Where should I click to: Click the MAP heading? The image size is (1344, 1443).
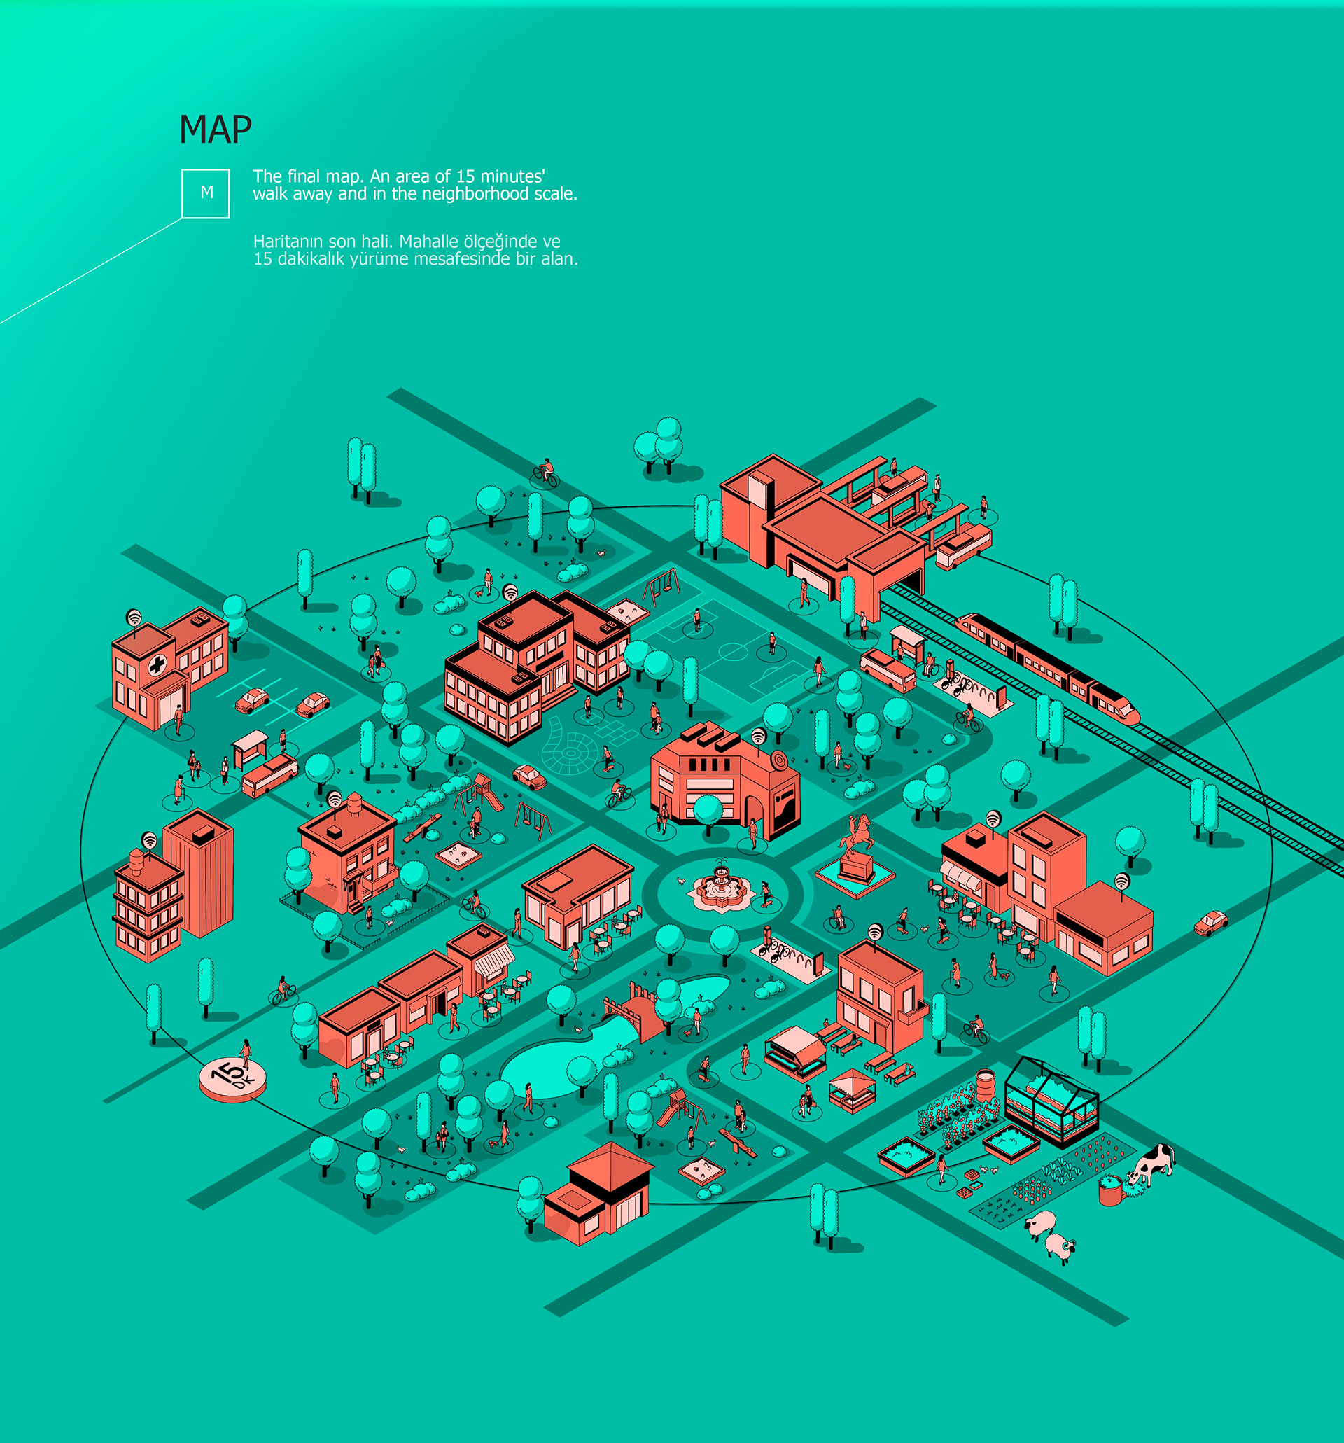click(x=215, y=130)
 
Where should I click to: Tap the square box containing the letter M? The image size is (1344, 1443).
click(x=205, y=193)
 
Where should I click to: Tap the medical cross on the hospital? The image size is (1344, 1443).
click(x=156, y=664)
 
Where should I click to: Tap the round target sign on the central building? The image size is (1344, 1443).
click(x=778, y=760)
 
